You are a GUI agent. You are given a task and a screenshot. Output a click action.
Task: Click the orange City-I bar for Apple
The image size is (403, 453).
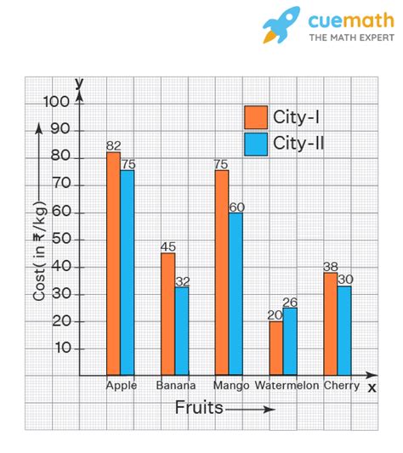113,263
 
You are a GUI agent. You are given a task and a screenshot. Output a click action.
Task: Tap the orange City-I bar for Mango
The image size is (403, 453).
221,272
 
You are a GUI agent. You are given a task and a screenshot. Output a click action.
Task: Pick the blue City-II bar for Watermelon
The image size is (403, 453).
290,341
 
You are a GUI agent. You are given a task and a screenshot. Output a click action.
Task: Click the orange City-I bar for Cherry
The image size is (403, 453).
330,323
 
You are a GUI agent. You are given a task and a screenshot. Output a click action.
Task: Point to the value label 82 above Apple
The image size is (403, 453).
113,145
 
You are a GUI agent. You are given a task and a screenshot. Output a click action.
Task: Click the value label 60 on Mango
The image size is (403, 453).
236,207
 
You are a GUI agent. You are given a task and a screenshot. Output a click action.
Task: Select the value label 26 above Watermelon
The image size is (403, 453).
291,302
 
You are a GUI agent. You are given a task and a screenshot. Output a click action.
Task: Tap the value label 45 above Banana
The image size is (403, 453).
168,246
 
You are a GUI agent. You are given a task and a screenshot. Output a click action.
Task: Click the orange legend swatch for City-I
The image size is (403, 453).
255,116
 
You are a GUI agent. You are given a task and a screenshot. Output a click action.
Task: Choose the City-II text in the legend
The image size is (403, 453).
298,144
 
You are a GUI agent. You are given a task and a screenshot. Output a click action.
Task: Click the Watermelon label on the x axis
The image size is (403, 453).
287,386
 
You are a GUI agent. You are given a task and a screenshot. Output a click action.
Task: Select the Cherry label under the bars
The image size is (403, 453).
341,386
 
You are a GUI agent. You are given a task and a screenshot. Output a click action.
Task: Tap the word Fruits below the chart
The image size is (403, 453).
199,408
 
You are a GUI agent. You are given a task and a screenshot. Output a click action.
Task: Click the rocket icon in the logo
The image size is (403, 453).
281,25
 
